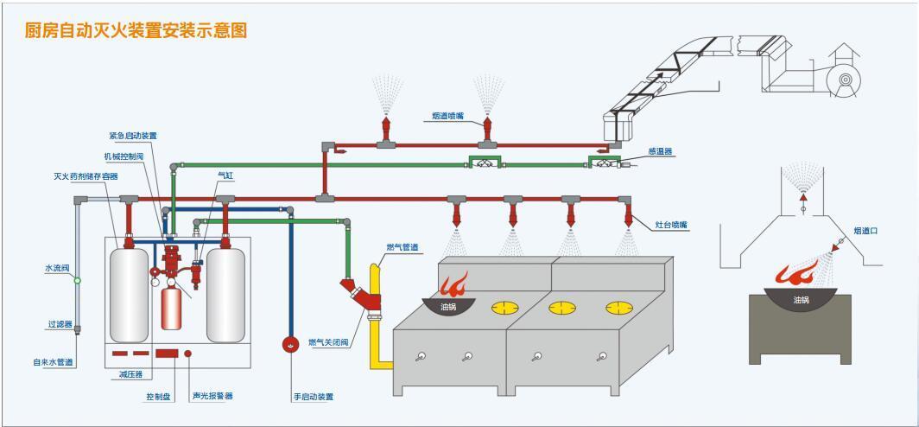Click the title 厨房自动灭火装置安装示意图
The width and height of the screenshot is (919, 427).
(136, 30)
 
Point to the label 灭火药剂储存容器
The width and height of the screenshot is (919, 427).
(86, 176)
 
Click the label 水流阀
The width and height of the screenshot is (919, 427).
(56, 268)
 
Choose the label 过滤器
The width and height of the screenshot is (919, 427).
(60, 324)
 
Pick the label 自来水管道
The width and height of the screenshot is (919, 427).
(53, 361)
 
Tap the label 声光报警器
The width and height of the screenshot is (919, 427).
(212, 396)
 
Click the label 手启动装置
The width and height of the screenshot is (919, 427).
(313, 397)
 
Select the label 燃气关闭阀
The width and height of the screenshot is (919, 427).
(328, 343)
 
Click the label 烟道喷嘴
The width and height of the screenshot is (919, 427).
(448, 115)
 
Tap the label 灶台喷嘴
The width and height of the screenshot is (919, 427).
(671, 225)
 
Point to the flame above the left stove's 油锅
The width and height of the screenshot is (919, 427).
(454, 284)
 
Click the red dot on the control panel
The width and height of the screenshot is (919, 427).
(187, 354)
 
